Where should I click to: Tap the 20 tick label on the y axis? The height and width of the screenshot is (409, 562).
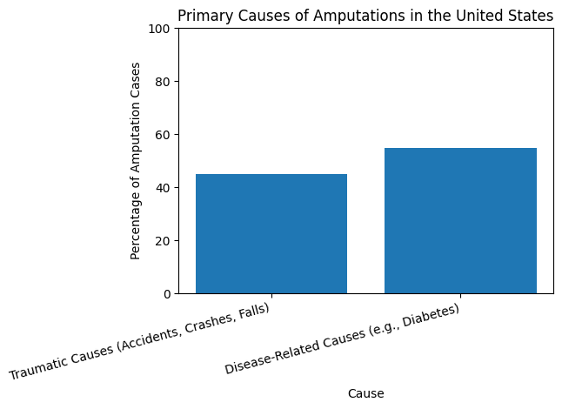point(165,241)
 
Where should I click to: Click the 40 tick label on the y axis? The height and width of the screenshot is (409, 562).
point(165,188)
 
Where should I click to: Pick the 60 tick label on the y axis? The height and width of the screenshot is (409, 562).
point(165,135)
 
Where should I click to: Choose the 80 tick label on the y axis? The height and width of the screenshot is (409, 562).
point(165,82)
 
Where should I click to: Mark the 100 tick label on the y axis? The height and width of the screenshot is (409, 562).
point(162,29)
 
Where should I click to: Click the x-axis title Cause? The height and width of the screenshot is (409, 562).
point(365,393)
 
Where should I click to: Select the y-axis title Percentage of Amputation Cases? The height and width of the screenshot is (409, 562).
point(136,161)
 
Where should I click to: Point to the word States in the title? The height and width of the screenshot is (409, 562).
point(532,15)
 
